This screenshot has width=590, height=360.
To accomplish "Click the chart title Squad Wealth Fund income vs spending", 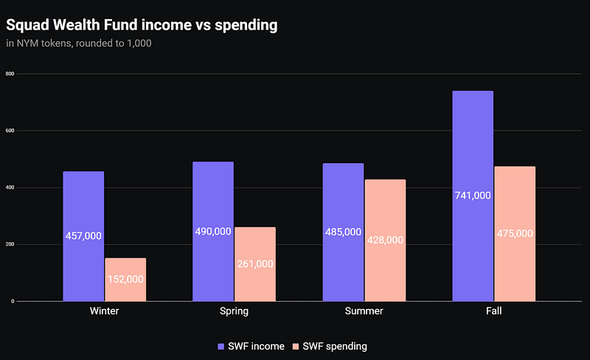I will [142, 25].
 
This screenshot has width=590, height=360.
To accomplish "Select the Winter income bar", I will [83, 207].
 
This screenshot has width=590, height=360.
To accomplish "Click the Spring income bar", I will [213, 199].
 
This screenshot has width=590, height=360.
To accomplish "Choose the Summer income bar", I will [343, 199].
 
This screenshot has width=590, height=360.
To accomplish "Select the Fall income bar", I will [473, 148].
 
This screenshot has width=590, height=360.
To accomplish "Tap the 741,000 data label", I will [473, 195].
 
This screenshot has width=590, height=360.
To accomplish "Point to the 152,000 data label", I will [125, 280].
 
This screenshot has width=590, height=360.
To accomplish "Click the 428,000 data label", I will [385, 240].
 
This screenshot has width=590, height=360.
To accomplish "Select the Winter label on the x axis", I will [104, 311].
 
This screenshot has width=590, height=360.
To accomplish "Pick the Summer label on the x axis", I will [364, 311].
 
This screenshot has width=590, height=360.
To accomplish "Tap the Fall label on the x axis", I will [493, 311].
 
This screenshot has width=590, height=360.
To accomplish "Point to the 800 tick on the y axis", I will [10, 74].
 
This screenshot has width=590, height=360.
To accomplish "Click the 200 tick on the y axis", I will [10, 244].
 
